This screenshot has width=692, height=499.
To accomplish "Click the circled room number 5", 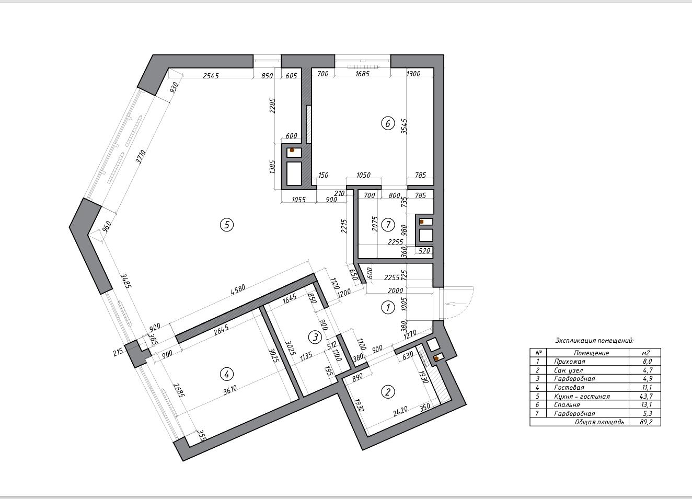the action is (227, 225).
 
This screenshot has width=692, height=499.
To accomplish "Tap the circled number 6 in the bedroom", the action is (388, 123).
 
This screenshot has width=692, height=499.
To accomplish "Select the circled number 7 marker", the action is (388, 225).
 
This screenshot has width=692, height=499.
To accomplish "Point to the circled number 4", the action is (227, 374).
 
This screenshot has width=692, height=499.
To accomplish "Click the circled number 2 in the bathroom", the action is (388, 392).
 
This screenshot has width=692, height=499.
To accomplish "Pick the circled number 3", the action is (315, 337).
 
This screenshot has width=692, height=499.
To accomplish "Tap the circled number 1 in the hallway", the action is (388, 307).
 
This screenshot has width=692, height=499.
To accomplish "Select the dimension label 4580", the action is (238, 291).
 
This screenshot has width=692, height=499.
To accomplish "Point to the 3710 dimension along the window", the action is (141, 157).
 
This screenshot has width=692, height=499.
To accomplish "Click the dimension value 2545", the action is (211, 75).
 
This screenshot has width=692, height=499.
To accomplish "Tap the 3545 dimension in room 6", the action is (404, 126).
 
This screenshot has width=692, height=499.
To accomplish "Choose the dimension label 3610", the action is (230, 390).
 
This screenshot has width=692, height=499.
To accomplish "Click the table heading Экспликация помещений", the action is (595, 341).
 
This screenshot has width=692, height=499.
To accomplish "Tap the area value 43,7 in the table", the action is (647, 396).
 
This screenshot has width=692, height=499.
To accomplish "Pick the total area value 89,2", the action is (647, 422).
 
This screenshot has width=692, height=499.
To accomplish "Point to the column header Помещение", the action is (592, 353).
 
